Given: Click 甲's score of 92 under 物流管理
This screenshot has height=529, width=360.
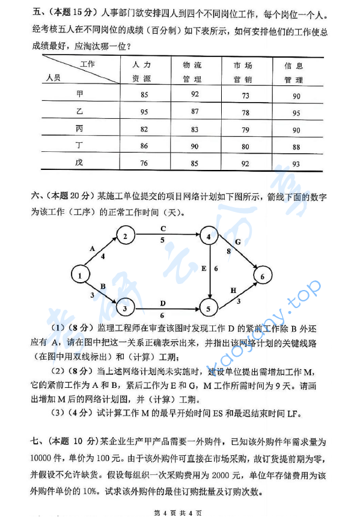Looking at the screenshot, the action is (195, 94).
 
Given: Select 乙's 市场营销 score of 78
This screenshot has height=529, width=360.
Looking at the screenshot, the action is (245, 112).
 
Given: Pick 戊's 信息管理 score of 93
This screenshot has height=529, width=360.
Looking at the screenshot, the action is (295, 164).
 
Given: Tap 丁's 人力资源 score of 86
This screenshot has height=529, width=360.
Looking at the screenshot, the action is (144, 146).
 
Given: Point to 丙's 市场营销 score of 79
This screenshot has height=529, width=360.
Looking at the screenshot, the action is (245, 129).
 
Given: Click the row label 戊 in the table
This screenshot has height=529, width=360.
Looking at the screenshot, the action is (79, 163).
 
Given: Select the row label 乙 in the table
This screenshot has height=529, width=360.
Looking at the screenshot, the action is (79, 112).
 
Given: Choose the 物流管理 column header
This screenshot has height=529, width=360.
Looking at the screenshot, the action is (194, 71).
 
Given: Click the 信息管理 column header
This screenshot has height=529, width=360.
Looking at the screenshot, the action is (294, 72).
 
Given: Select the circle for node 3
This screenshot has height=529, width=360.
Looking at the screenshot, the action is (124, 309).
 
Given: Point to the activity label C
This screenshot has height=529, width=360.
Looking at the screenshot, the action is (163, 229).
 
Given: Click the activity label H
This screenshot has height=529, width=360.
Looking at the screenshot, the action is (234, 291).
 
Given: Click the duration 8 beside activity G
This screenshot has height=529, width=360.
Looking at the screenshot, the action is (228, 251).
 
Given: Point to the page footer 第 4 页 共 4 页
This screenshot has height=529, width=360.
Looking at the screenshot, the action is (178, 513).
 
